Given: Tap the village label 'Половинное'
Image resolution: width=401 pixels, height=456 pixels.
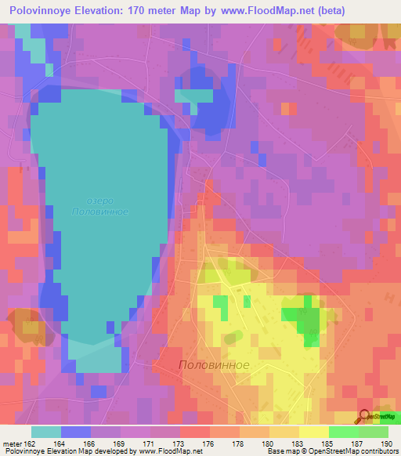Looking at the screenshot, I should tap(214, 365).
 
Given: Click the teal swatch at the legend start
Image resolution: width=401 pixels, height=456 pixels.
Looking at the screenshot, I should tap(45, 431).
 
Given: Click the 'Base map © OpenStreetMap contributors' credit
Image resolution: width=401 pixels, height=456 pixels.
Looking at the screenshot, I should tap(331, 451).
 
